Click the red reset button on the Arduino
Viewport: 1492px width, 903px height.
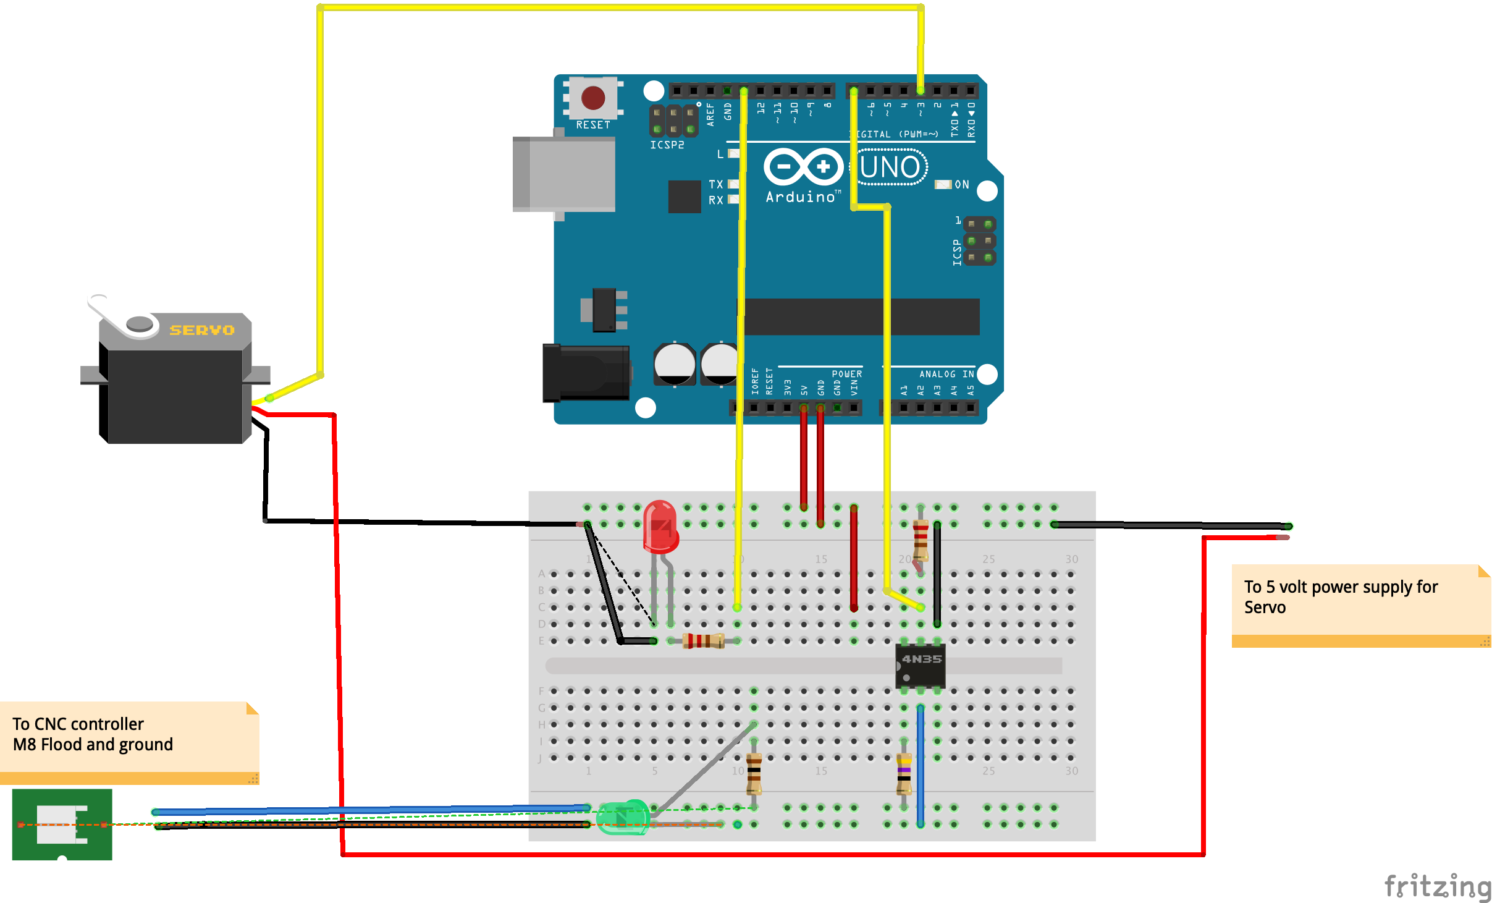pyautogui.click(x=593, y=98)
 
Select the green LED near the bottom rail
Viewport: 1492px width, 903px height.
pyautogui.click(x=623, y=817)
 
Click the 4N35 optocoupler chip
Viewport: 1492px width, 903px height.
pyautogui.click(x=921, y=665)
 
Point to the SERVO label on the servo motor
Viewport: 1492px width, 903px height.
pyautogui.click(x=202, y=330)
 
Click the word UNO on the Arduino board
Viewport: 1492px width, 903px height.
pyautogui.click(x=890, y=167)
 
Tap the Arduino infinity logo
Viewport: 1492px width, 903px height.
pyautogui.click(x=803, y=166)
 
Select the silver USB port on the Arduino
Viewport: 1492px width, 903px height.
pyautogui.click(x=563, y=174)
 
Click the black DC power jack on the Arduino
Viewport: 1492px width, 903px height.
pyautogui.click(x=586, y=373)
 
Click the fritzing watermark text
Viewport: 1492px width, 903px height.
pyautogui.click(x=1437, y=886)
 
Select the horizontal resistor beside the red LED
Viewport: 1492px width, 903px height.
pyautogui.click(x=704, y=641)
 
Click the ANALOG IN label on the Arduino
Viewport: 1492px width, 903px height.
pyautogui.click(x=946, y=374)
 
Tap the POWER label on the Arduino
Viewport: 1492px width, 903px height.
pyautogui.click(x=846, y=374)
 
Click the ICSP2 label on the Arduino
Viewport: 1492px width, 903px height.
pyautogui.click(x=667, y=145)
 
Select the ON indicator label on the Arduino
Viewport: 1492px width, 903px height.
pyautogui.click(x=961, y=184)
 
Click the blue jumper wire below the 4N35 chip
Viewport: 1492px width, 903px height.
pyautogui.click(x=921, y=766)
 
